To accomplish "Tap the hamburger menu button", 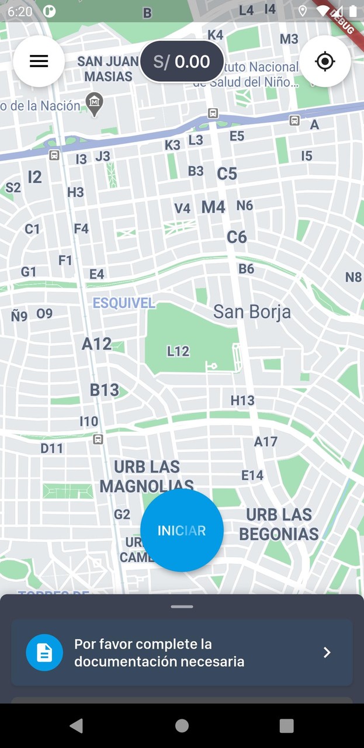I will point(39,61).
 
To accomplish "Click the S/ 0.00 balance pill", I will point(182,61).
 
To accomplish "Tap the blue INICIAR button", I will point(182,530).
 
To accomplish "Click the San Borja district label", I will point(252,311).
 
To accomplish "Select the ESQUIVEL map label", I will point(124,303).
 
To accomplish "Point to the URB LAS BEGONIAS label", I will point(279,524).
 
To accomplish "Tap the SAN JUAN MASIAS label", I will point(108,69).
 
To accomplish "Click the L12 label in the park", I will point(178,351).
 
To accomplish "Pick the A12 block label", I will point(96,344).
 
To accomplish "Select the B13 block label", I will point(104,390).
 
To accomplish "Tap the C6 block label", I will point(237,237).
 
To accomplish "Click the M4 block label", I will point(213,207).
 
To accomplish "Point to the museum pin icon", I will point(94,103).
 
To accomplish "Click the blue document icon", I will point(44,652).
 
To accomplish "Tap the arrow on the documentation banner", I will point(327,652).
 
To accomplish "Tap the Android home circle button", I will point(182,726).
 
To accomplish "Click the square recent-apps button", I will point(286,726).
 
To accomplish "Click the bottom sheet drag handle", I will point(182,607).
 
